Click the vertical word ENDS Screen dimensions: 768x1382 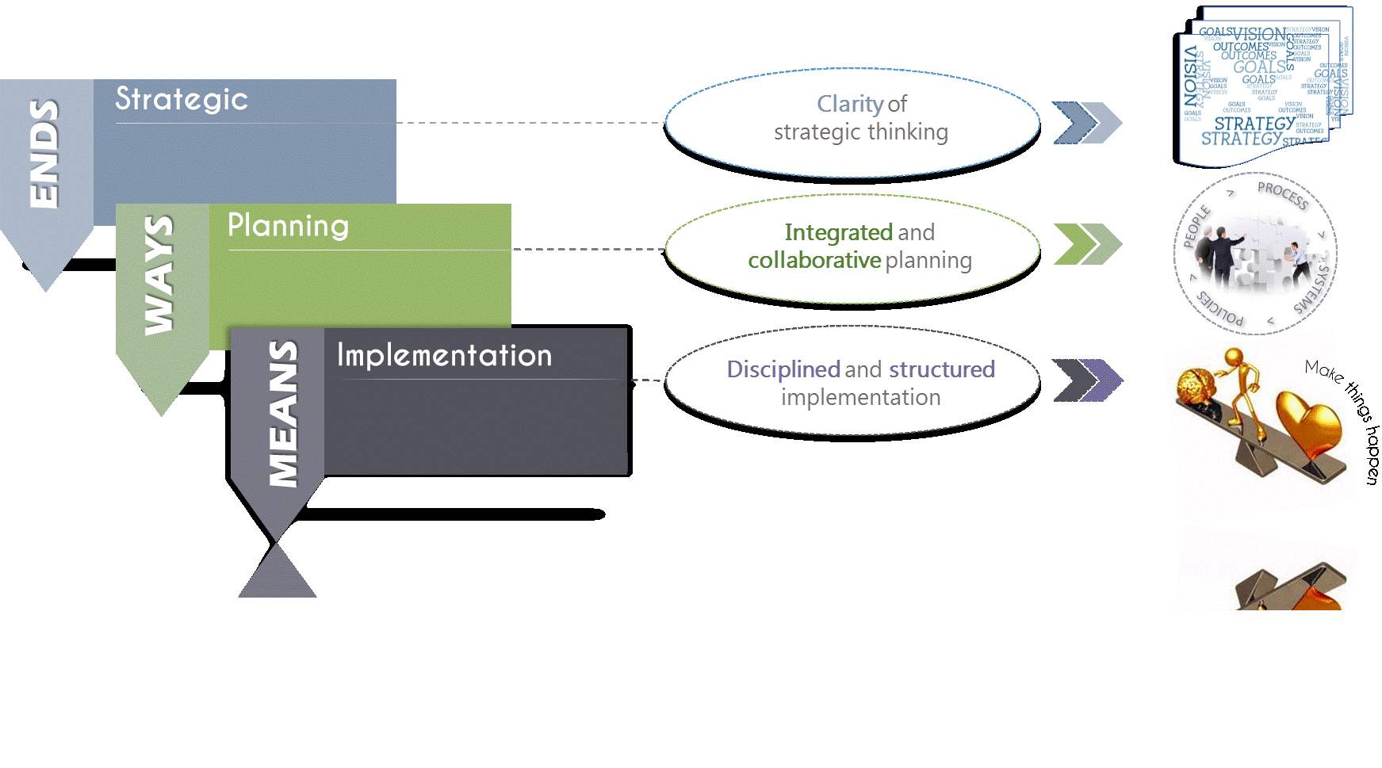44,154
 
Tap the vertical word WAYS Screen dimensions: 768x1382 159,274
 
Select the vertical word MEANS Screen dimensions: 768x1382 283,413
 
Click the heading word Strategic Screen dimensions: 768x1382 182,99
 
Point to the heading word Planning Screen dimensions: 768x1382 288,226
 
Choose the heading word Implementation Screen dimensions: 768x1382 444,355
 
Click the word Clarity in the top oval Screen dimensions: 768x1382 850,104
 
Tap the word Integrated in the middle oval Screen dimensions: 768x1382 838,232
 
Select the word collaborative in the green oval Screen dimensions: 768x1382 814,260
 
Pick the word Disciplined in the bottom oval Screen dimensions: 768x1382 783,369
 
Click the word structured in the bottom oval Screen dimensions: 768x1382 941,369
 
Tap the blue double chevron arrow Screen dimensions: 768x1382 1087,123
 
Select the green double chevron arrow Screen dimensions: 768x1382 1087,244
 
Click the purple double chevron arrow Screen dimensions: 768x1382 1087,380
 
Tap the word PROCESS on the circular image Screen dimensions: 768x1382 1283,195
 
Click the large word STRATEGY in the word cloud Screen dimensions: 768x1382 1254,124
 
